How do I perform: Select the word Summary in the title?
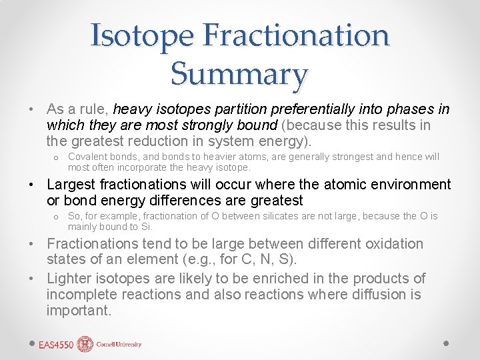(239, 73)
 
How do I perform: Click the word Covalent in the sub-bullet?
(89, 157)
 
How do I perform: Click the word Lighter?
(70, 279)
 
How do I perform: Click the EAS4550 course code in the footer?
(56, 345)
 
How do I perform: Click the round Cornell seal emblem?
(85, 344)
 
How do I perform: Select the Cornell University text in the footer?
(119, 345)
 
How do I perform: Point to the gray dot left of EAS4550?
(32, 343)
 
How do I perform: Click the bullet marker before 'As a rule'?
(32, 109)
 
